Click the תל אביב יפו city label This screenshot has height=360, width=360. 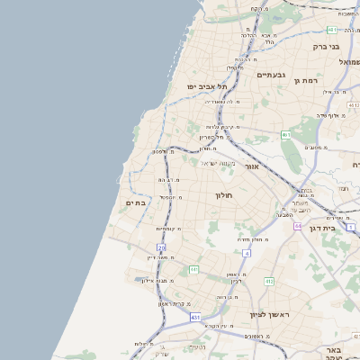click(x=204, y=86)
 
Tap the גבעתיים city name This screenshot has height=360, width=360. click(x=270, y=76)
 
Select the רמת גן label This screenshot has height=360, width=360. click(x=308, y=81)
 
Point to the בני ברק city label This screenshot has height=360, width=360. click(x=325, y=46)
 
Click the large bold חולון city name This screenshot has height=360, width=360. click(x=223, y=195)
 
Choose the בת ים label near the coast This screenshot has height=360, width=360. click(x=135, y=203)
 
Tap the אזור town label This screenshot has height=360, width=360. click(x=252, y=167)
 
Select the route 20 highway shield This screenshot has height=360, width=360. click(x=161, y=247)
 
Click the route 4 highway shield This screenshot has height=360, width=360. click(x=246, y=254)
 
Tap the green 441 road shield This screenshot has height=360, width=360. click(x=193, y=269)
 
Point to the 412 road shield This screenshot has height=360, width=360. click(x=268, y=281)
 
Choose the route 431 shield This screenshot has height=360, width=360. click(x=195, y=318)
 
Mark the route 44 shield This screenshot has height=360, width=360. click(x=297, y=226)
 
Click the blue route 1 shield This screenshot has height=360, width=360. click(x=353, y=227)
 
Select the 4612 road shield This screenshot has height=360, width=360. click(x=285, y=135)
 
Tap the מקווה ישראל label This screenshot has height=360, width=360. click(x=216, y=163)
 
